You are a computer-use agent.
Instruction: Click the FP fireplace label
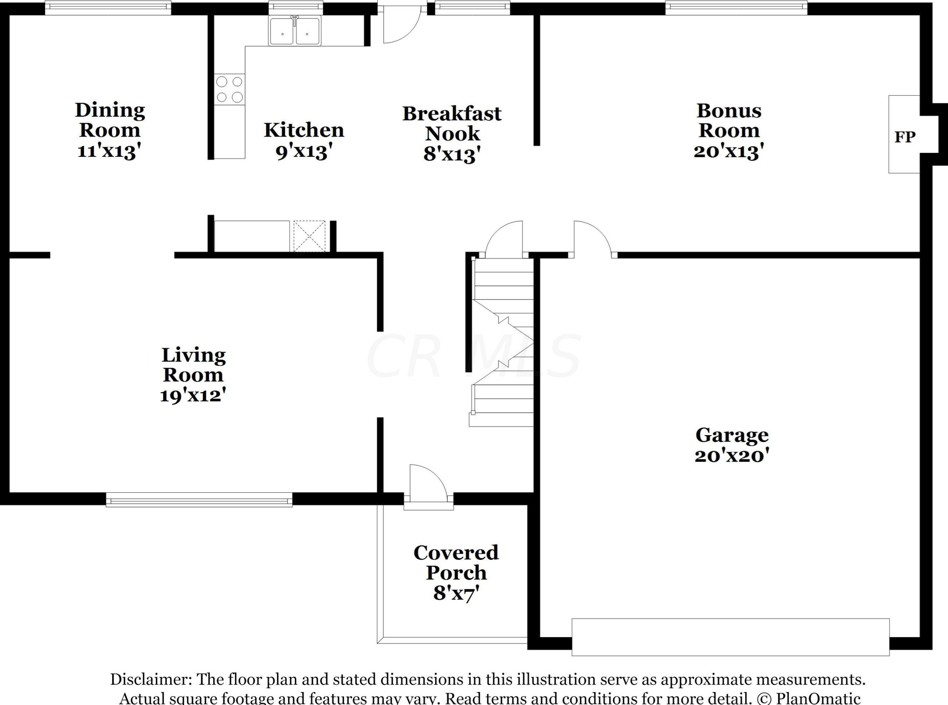(x=904, y=137)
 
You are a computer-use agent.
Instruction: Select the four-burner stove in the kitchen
(x=229, y=89)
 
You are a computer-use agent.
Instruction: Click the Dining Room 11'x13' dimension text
(x=109, y=151)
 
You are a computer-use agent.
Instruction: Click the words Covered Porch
(x=456, y=563)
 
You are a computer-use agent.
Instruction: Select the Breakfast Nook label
(x=452, y=123)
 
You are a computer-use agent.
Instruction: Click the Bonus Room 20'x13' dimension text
(x=729, y=151)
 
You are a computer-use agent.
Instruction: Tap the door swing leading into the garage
(x=591, y=239)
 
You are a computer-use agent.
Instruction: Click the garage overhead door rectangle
(x=730, y=637)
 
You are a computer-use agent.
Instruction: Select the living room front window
(x=199, y=499)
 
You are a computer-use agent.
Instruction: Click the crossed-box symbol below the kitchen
(x=309, y=236)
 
